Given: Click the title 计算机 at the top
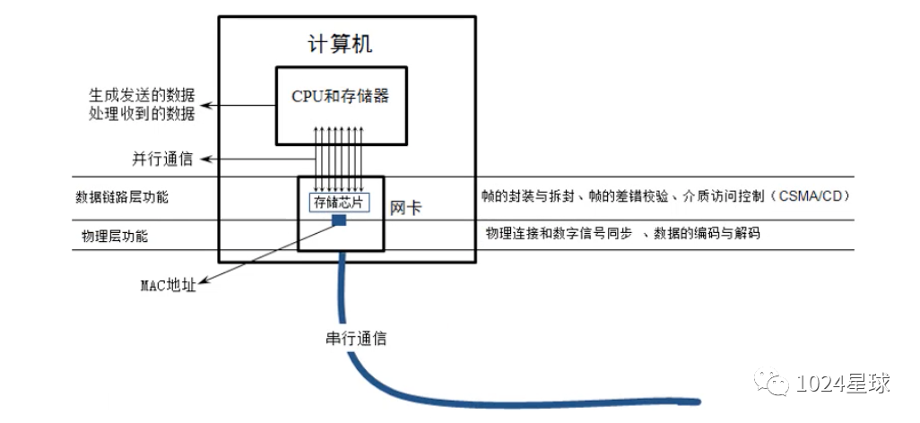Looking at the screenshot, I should pos(341,42).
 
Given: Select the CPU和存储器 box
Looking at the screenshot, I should pos(341,105).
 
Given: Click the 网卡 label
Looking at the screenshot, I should pos(406,208).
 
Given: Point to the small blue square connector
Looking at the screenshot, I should pos(340,221).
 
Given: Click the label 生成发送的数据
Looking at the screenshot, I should pos(142,95).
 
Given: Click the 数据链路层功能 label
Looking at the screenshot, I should pos(122,197).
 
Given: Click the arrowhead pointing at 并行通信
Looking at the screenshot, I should pos(203,160).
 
